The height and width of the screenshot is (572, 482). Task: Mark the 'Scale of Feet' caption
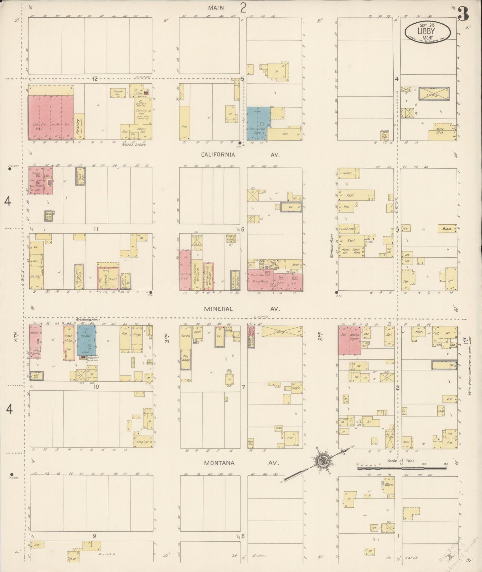click(x=401, y=461)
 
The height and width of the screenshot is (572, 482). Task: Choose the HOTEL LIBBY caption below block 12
click(x=134, y=145)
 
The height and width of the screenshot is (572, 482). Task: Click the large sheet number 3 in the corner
click(x=463, y=14)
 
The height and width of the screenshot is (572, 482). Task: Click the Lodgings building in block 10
click(x=144, y=441)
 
